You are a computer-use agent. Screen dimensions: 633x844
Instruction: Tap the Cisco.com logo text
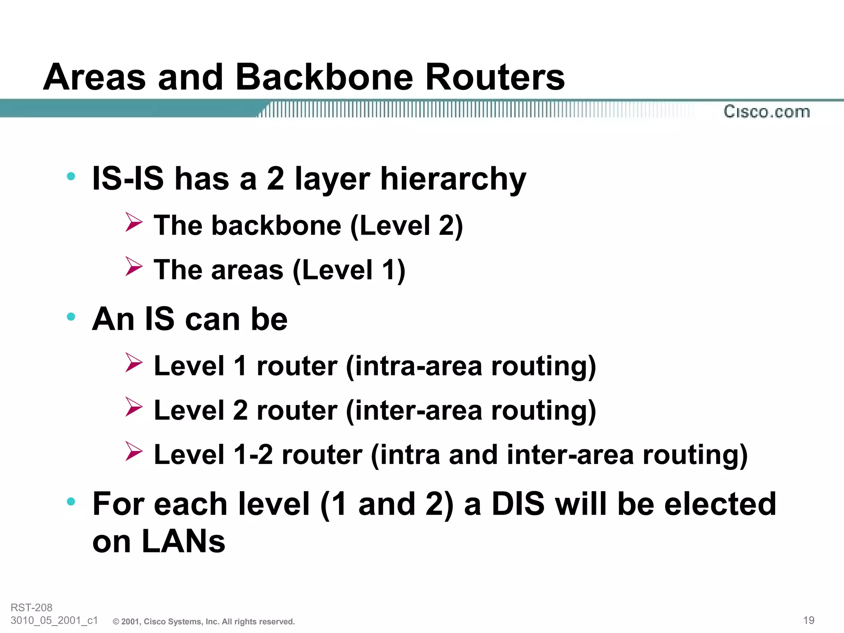point(767,112)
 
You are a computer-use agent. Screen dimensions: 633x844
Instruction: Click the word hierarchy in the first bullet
point(453,179)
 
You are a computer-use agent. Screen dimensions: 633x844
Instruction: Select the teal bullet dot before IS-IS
point(71,176)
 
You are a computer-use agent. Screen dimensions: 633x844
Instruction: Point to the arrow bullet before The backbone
point(134,222)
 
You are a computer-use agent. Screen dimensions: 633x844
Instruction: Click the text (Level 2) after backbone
point(406,226)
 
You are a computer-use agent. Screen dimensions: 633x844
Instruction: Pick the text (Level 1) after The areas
point(349,270)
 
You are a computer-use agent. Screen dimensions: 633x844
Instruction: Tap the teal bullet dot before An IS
point(71,316)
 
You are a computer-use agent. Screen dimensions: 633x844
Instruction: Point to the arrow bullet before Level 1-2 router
point(134,451)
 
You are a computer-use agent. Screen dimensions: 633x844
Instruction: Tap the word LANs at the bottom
point(183,541)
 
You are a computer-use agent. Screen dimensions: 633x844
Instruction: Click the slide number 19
point(809,620)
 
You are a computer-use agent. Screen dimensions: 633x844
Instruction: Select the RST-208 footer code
point(31,607)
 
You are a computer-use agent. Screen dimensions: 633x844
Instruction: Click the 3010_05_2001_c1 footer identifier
point(54,620)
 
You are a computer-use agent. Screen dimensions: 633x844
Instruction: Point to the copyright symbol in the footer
point(116,622)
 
